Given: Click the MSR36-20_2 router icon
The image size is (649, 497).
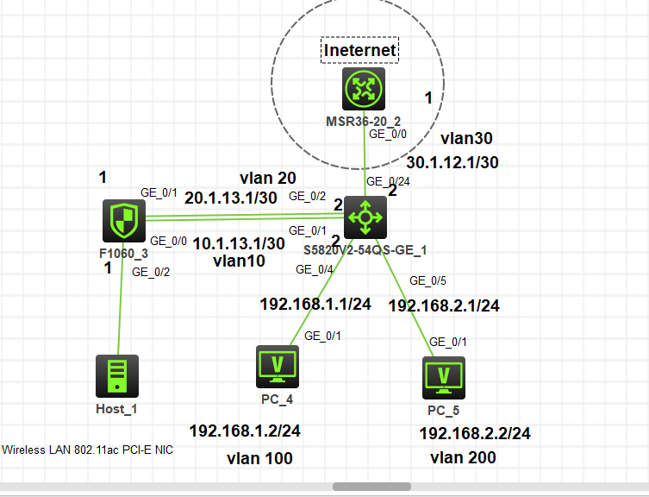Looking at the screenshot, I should [363, 89].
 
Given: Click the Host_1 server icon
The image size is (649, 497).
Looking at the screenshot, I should [116, 376].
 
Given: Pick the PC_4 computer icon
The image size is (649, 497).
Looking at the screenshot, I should [278, 367].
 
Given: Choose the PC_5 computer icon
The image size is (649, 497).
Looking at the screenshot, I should [444, 377].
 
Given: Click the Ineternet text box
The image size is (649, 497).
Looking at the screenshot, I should [360, 50].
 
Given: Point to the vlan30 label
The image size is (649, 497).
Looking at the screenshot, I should [466, 138].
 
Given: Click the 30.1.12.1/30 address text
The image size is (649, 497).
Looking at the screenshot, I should [452, 161].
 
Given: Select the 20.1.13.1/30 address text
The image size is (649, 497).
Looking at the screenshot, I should [230, 198].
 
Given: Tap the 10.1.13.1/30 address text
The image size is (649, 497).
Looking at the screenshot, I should [238, 243].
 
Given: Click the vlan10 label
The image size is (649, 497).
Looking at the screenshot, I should [239, 261].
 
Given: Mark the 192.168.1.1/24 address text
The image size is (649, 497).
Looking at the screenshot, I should [315, 304].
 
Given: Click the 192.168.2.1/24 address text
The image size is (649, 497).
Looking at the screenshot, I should [444, 305].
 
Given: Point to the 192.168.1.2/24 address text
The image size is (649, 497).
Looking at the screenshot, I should [245, 431].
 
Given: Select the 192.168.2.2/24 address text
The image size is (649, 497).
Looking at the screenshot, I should [475, 433].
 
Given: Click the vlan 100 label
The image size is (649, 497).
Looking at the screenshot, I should [259, 458].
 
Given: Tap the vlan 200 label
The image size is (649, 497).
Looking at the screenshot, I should [463, 457].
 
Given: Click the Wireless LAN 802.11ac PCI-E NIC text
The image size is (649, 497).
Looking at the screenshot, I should [88, 450].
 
